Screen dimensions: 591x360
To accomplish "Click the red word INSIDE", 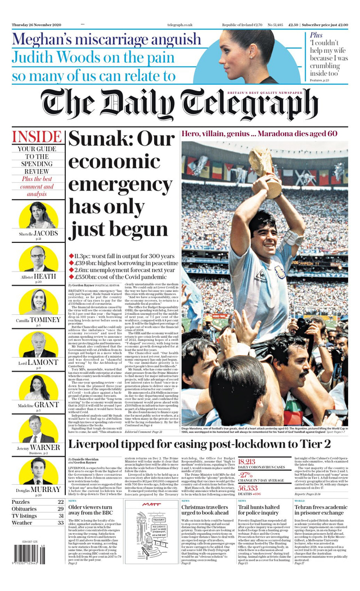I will coord(37,137).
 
